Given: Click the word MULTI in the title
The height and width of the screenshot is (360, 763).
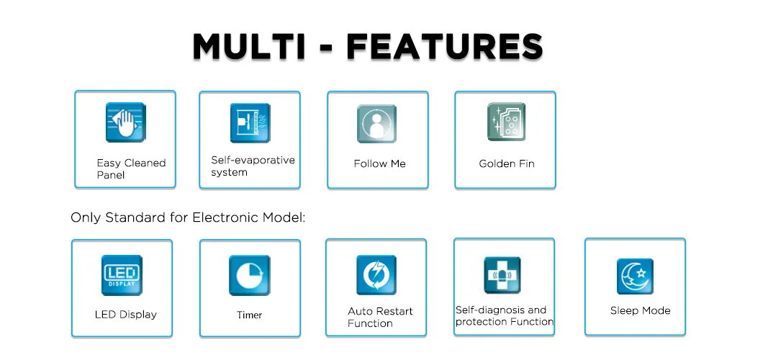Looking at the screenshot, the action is [x=248, y=47].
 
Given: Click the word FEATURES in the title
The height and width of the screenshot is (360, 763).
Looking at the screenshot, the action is [x=444, y=47].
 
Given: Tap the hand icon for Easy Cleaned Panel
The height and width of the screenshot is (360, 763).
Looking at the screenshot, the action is [x=125, y=122].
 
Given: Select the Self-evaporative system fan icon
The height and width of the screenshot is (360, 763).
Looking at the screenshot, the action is [x=250, y=123].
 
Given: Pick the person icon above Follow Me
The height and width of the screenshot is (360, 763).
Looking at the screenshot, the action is [x=376, y=124].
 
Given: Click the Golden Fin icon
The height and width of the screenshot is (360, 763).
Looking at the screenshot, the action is [x=506, y=122].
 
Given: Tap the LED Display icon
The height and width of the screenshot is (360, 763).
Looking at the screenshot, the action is [x=122, y=275].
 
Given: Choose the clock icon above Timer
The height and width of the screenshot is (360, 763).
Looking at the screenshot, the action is [x=250, y=275].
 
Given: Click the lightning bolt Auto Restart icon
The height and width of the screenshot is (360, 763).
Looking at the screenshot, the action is [x=376, y=275].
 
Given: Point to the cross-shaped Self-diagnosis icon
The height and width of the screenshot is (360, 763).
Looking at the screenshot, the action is [x=502, y=275].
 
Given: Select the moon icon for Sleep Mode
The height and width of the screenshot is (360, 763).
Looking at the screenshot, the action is [x=635, y=276].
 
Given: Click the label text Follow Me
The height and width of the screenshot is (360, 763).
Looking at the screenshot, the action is [x=379, y=164].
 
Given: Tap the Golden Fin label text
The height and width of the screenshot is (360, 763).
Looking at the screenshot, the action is [x=507, y=164].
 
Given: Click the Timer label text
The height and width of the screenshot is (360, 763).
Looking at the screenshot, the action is [x=250, y=315].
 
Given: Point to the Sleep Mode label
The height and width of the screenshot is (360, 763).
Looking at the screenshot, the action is [x=641, y=311].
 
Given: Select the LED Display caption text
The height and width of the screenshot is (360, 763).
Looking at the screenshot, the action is [x=125, y=315].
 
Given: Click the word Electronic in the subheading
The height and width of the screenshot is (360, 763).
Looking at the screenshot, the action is [x=225, y=217].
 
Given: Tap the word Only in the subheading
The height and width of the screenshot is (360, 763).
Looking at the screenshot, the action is [x=86, y=218].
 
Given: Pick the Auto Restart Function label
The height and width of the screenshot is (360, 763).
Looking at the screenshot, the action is [x=380, y=318].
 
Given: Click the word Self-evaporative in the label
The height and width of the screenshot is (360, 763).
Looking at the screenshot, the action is [x=253, y=160].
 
